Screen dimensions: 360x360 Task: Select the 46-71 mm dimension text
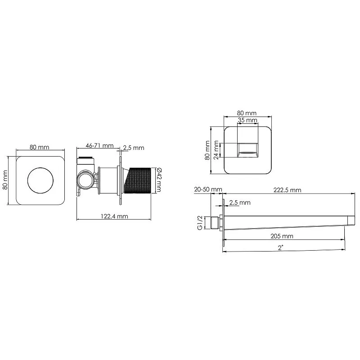[x=99, y=146]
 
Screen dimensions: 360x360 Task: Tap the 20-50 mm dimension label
[x=208, y=190]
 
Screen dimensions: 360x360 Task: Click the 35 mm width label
[x=247, y=121]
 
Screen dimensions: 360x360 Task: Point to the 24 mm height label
[x=216, y=149]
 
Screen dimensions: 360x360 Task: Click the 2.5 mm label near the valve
[x=133, y=148]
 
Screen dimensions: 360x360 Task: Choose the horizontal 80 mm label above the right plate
[x=247, y=113]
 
